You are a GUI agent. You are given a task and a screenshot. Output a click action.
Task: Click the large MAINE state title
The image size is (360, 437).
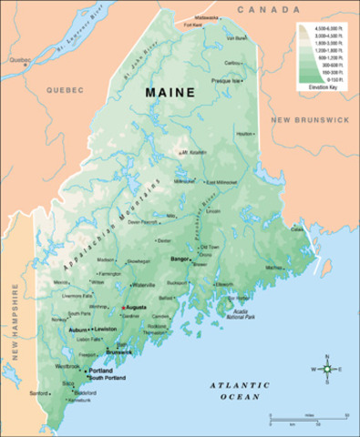click(x=172, y=92)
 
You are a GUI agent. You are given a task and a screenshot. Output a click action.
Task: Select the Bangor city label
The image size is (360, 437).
click(x=179, y=259)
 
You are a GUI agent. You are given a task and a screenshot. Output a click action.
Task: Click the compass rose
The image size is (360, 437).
click(x=327, y=368)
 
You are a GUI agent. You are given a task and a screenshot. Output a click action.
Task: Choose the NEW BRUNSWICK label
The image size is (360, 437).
click(x=311, y=118)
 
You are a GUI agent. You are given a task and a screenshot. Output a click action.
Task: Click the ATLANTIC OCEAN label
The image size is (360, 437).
click(x=239, y=391)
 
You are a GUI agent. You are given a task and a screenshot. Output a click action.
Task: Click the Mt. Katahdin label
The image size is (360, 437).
click(x=194, y=152)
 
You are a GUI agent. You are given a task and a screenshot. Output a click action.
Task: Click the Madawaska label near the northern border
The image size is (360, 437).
click(x=207, y=17)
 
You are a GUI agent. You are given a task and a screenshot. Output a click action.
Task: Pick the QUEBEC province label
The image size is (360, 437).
click(x=66, y=90)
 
